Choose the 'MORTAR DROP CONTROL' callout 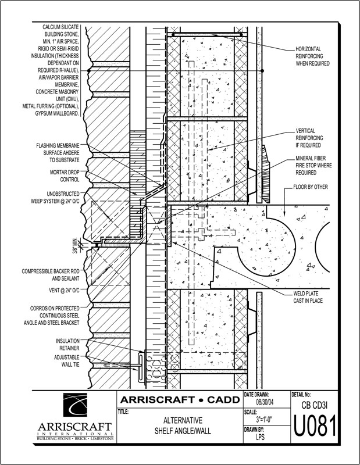pyautogui.click(x=63, y=176)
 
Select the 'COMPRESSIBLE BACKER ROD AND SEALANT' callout pyautogui.click(x=54, y=275)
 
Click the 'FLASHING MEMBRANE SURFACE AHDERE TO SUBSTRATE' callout pyautogui.click(x=57, y=151)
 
